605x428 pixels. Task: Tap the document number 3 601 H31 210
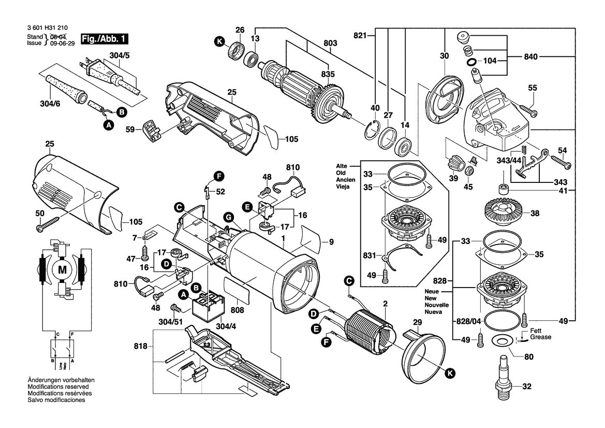tap(47, 29)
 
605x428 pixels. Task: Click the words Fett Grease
tap(540, 334)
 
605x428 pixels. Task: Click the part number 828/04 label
tap(468, 321)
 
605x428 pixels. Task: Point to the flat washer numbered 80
tap(501, 341)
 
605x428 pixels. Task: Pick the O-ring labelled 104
tap(472, 62)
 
